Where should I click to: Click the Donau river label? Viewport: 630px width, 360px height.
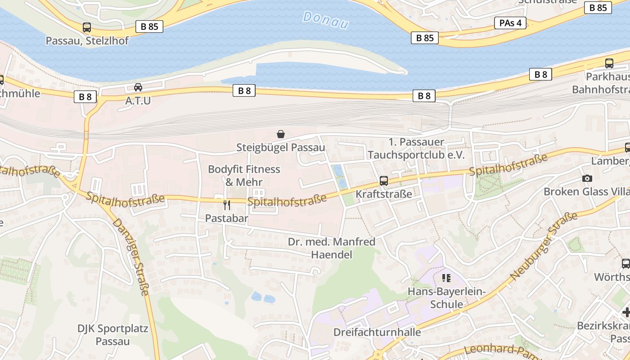(325, 20)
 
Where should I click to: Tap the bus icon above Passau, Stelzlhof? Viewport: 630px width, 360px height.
(87, 27)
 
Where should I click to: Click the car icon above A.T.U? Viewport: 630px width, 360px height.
(138, 87)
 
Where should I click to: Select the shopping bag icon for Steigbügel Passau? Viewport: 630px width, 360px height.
(281, 134)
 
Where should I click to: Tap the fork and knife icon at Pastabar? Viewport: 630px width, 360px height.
(227, 205)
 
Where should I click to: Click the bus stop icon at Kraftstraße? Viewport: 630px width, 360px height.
(384, 181)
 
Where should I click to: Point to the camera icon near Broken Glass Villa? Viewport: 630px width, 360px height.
(587, 179)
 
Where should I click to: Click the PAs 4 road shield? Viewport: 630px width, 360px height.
(510, 23)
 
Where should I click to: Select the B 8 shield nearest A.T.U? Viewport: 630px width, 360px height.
(85, 96)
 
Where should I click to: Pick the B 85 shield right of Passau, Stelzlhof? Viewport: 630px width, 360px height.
(149, 27)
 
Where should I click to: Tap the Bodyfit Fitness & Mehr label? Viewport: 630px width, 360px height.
(244, 175)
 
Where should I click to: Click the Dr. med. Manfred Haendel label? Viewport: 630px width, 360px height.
(332, 248)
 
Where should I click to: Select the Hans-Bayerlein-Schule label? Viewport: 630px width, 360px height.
(446, 298)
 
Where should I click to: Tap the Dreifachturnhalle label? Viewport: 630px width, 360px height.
(377, 332)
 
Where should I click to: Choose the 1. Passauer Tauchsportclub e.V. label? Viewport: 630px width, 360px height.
(416, 148)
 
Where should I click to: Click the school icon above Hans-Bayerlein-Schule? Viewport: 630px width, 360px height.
(446, 278)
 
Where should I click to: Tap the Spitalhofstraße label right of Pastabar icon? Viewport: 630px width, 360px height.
(287, 201)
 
